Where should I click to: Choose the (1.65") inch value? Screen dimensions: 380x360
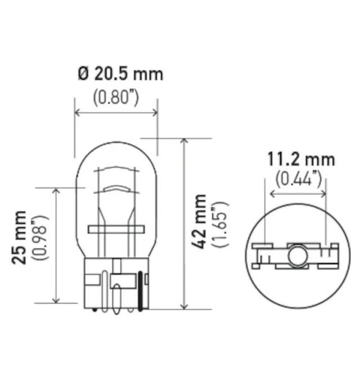(x=219, y=222)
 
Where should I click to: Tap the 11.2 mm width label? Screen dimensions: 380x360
(x=301, y=160)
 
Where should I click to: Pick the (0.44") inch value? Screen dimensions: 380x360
(x=299, y=180)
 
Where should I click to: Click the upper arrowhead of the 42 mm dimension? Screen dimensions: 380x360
(x=184, y=141)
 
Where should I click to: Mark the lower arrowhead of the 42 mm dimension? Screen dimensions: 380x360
(x=184, y=306)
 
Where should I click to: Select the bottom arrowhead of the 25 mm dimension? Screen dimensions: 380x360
(x=55, y=299)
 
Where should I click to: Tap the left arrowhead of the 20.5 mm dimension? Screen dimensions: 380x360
(x=78, y=113)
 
